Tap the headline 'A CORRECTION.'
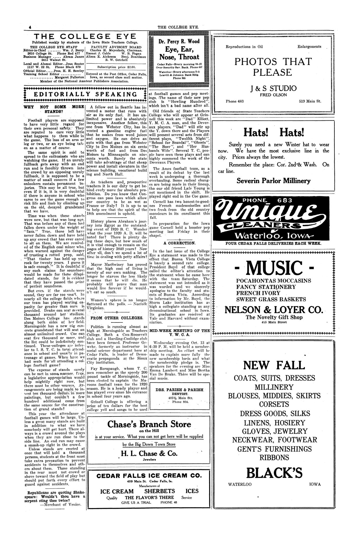[x=179, y=243]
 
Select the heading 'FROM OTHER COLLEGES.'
[x=117, y=318]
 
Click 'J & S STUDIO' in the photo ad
[x=273, y=88]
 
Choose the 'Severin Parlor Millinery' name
[x=273, y=181]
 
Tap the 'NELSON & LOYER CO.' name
[x=273, y=310]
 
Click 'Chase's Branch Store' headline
[x=149, y=424]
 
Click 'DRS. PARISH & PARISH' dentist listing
[x=179, y=389]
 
